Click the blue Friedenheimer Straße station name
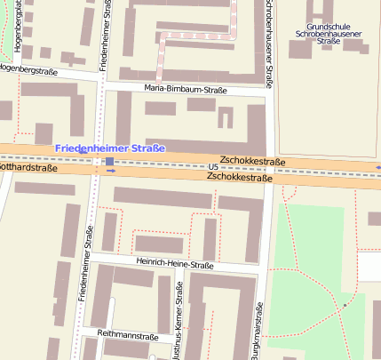[109, 148]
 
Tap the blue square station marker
[109, 162]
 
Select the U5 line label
[212, 167]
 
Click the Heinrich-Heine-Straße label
[176, 264]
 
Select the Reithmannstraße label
[129, 337]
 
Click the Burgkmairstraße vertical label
[258, 329]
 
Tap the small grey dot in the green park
[345, 305]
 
